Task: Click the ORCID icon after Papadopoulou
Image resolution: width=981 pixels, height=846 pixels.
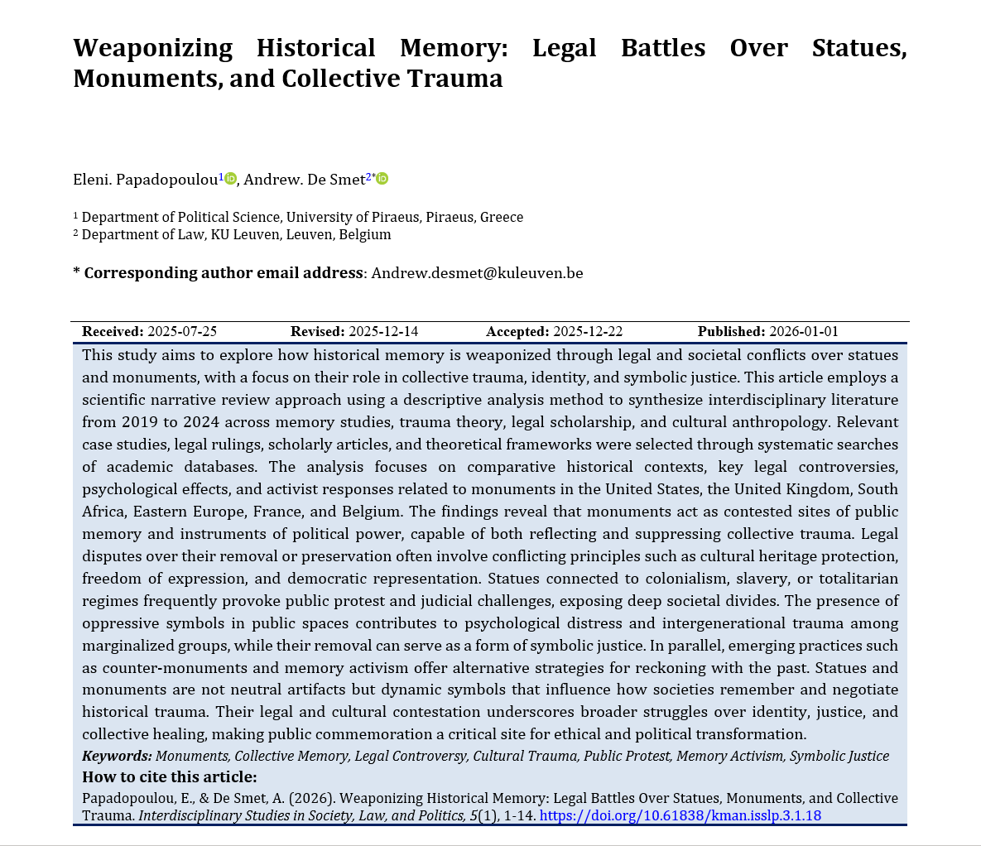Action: click(231, 179)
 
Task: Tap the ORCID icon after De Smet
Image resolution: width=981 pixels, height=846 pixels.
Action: click(382, 179)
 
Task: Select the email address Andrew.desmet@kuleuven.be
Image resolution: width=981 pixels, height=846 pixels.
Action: click(477, 273)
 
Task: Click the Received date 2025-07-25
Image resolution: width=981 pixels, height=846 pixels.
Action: click(182, 332)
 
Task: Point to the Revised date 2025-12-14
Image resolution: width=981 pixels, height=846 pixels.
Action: click(383, 332)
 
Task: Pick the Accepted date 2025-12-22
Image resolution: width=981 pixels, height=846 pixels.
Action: click(588, 332)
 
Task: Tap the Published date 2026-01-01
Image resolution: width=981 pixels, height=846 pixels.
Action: click(804, 332)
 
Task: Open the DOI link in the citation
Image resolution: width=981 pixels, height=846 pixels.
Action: click(680, 815)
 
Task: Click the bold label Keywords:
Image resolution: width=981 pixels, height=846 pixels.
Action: click(117, 756)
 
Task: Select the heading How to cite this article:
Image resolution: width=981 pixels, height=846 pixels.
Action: click(170, 777)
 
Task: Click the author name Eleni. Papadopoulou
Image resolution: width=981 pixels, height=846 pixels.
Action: click(146, 180)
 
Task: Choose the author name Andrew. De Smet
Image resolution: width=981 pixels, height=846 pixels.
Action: click(304, 180)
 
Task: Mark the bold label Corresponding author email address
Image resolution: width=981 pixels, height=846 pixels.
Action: click(224, 273)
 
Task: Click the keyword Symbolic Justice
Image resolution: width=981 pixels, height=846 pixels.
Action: click(839, 756)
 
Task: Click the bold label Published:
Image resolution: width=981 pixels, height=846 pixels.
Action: click(731, 332)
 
